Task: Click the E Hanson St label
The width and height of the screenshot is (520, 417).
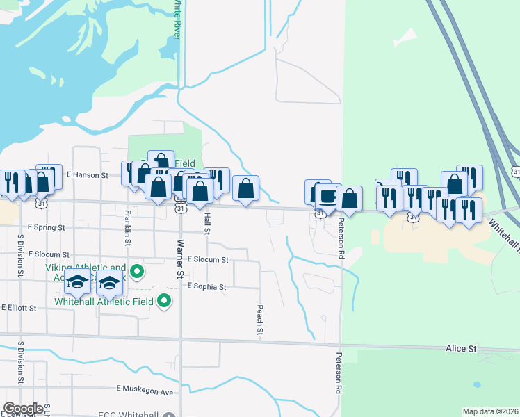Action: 87,176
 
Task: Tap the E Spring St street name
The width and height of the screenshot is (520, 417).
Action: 46,227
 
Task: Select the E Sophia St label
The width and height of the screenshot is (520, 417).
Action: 207,286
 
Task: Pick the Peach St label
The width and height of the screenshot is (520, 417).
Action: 260,320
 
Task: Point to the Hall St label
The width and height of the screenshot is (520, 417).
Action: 206,222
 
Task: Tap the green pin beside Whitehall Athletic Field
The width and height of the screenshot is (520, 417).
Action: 164,301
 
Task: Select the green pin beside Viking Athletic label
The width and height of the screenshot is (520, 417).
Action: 137,271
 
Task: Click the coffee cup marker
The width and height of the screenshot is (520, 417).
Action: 325,196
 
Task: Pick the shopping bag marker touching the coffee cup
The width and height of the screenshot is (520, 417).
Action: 348,197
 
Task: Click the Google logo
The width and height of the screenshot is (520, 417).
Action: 23,409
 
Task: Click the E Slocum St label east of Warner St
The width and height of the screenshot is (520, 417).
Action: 208,259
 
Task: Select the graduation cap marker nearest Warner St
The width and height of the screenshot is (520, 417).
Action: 109,282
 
